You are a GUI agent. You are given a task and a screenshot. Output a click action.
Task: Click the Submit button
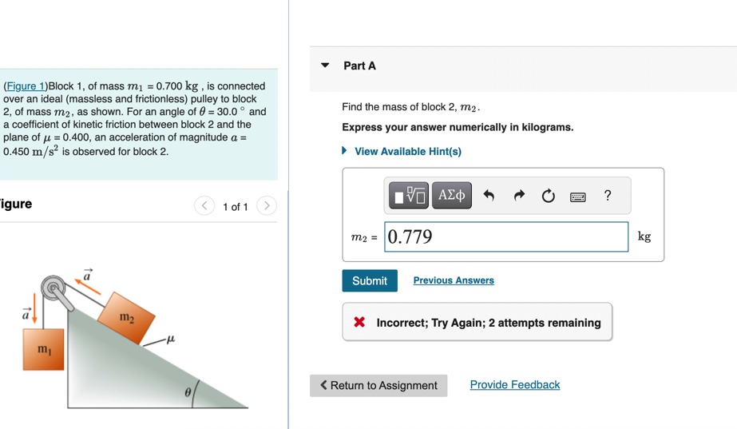coord(369,280)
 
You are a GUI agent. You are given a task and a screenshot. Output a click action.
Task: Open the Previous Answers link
coord(454,280)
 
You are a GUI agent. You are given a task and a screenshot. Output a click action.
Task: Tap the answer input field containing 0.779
coord(506,236)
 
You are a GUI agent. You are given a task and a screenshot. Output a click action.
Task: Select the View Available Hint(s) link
coord(407,151)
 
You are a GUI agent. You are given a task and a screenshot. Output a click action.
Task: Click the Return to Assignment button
coord(378,385)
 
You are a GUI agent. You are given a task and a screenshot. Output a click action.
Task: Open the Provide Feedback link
coord(515,385)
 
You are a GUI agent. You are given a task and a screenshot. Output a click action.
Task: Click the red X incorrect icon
coord(360,323)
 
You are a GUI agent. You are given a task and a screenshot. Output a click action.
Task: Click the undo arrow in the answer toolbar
coord(489,196)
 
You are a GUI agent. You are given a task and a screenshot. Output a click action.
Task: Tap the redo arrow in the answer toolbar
coord(519,196)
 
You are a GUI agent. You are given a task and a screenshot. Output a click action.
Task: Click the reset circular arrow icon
coord(548,196)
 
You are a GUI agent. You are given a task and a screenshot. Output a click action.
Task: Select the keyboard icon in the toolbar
coord(578,197)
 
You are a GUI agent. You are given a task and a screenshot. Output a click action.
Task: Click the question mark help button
coord(608,195)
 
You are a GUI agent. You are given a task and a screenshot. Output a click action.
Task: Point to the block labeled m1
coord(43,349)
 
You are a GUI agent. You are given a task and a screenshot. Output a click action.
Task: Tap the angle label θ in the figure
coord(188,393)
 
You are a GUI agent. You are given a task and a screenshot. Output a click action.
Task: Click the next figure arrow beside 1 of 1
coord(267,206)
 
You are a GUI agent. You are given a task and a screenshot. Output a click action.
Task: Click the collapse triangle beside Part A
coord(325,66)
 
